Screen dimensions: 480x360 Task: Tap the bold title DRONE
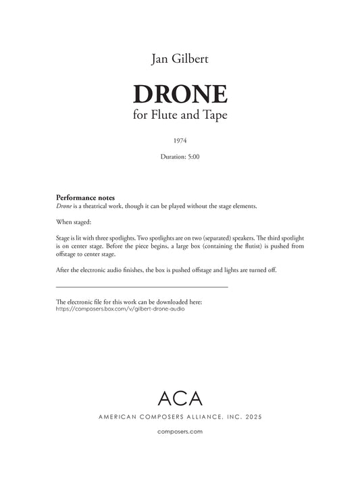[180, 94]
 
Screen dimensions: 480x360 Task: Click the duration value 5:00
[196, 157]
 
